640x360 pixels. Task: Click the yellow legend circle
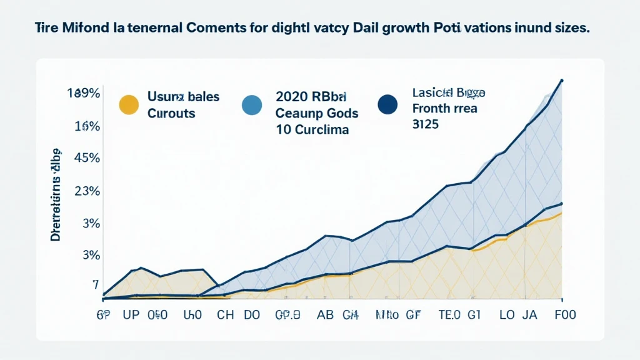click(x=128, y=105)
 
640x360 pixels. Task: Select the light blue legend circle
click(x=251, y=105)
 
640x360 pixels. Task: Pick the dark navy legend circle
click(x=388, y=105)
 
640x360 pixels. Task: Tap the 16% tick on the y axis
click(x=87, y=126)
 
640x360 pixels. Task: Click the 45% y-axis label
click(x=87, y=158)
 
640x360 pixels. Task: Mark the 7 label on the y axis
click(x=96, y=285)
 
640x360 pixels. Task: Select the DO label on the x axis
click(x=252, y=315)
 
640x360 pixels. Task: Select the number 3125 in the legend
click(x=426, y=124)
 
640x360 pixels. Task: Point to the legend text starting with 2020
click(x=311, y=97)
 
